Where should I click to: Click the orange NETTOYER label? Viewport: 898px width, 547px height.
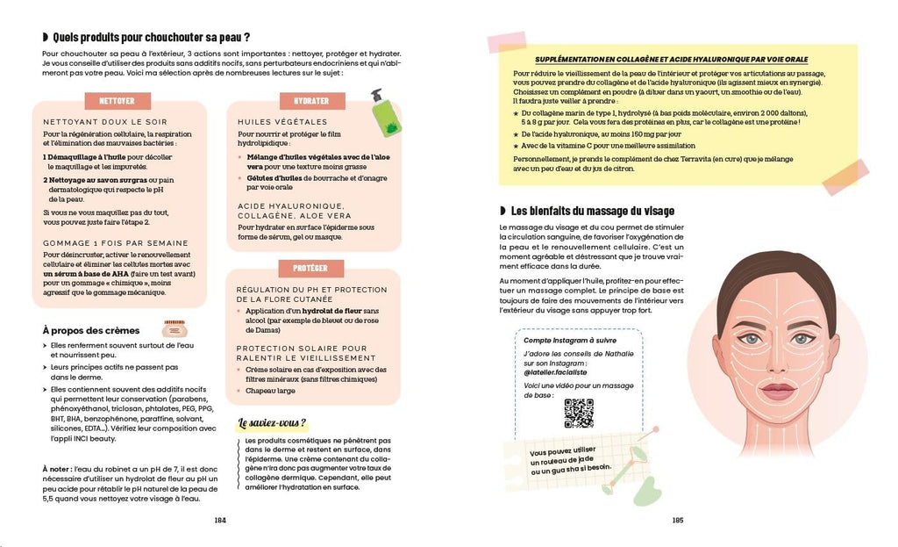[x=117, y=101]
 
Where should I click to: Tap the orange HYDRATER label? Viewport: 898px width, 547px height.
[x=311, y=101]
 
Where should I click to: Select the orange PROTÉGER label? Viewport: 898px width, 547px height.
[x=311, y=269]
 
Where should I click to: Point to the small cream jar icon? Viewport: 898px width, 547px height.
[x=175, y=329]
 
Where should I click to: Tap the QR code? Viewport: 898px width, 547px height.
[x=579, y=413]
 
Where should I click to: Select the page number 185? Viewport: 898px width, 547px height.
[x=677, y=520]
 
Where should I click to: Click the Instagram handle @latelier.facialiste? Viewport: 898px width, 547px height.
[x=557, y=372]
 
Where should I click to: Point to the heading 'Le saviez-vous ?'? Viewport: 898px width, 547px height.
[x=273, y=423]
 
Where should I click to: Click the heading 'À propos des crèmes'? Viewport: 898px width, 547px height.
[x=90, y=330]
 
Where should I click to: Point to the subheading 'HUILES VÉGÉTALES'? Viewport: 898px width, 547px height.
[x=272, y=122]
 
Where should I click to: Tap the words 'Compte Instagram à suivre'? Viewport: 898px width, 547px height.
[x=570, y=340]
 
